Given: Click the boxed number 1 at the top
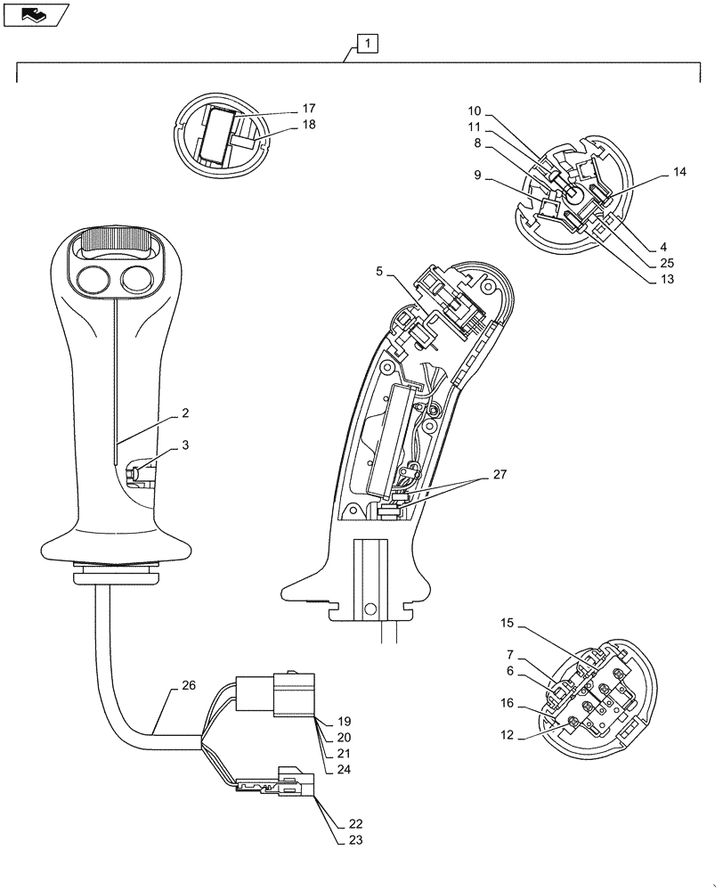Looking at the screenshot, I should (x=368, y=42).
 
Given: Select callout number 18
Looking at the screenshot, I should (x=308, y=125).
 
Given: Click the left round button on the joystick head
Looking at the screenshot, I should (x=92, y=280).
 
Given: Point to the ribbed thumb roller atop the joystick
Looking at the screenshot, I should (x=112, y=241).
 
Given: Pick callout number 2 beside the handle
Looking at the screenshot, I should (x=184, y=414).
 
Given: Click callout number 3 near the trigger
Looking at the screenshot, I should (x=184, y=445).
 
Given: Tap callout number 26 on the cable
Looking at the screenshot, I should (x=188, y=686).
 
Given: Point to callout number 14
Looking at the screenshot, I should (x=679, y=173).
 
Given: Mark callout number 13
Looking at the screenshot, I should (x=666, y=280).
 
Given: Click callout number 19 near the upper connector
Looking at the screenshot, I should (x=345, y=722).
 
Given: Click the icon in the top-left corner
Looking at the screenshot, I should (x=34, y=14).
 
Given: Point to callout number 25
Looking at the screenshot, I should (x=666, y=263).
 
